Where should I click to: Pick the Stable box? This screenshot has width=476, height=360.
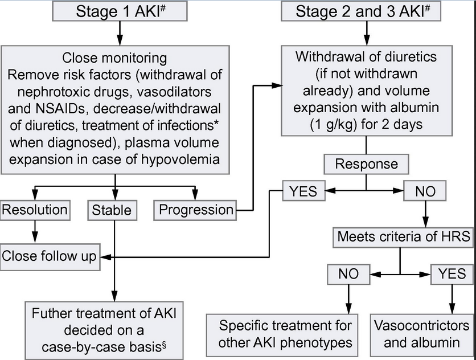tap(112, 210)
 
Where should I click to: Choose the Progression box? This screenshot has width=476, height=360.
tap(196, 210)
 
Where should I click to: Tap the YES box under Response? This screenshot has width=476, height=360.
tap(304, 191)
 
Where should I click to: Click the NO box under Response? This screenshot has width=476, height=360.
tap(425, 191)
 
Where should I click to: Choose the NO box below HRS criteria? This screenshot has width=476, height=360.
tap(348, 274)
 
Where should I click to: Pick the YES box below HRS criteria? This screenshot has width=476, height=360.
tap(452, 274)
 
